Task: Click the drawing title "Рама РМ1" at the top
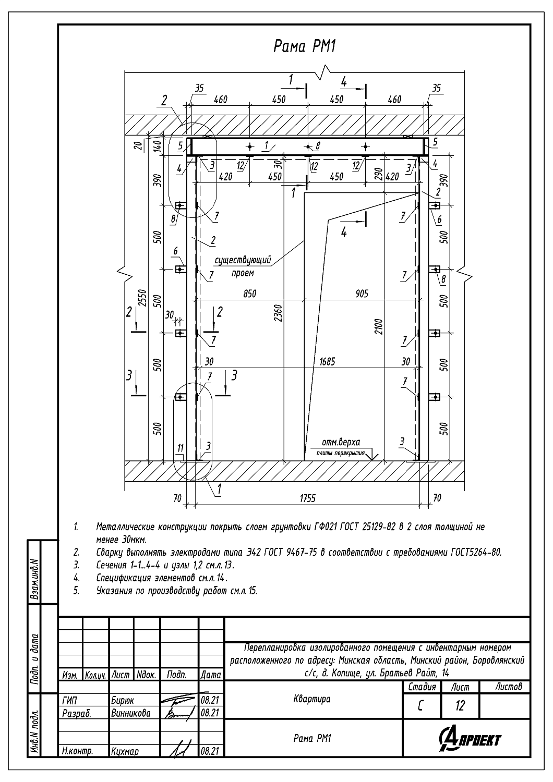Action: (x=305, y=47)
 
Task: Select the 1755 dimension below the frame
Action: (x=308, y=498)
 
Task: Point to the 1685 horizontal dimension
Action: (x=327, y=361)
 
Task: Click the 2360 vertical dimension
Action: (x=279, y=313)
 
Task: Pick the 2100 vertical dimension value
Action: (x=379, y=326)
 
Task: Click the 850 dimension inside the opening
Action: (x=250, y=294)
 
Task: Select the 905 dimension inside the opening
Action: (x=362, y=294)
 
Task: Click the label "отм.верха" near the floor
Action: (x=341, y=442)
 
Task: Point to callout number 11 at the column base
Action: (x=181, y=447)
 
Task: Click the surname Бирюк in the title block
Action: (x=122, y=701)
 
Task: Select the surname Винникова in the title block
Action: (x=130, y=713)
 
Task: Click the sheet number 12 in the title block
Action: (x=460, y=706)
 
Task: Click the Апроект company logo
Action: (x=470, y=739)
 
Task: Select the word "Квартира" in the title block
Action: (x=312, y=699)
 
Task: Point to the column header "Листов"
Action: (x=508, y=687)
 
